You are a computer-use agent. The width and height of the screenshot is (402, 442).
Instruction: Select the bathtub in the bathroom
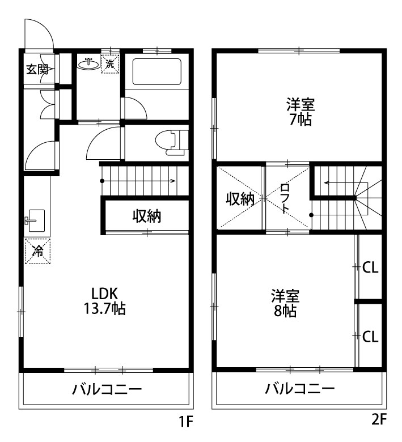[x=156, y=71]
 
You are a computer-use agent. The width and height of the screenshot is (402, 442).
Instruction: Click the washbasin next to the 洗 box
[x=87, y=63]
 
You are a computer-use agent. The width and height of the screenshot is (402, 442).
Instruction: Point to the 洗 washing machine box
[x=110, y=63]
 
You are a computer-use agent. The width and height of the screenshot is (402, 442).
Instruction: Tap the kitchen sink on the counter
[x=36, y=219]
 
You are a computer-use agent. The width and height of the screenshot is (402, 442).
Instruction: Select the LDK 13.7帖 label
[x=105, y=301]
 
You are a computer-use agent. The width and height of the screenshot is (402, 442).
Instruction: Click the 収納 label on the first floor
[x=147, y=216]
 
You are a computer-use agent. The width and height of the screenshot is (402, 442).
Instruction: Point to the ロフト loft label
[x=286, y=198]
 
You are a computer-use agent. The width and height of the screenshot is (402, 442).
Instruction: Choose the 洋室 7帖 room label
[x=300, y=112]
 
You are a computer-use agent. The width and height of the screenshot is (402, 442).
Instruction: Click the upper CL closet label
[x=370, y=267]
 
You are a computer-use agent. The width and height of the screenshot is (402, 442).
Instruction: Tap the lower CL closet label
[x=370, y=337]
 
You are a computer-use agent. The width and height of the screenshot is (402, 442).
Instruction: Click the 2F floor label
[x=379, y=420]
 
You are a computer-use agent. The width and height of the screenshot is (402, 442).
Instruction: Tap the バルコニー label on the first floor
[x=107, y=390]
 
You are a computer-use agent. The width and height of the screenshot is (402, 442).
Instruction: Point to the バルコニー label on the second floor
[x=300, y=389]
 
